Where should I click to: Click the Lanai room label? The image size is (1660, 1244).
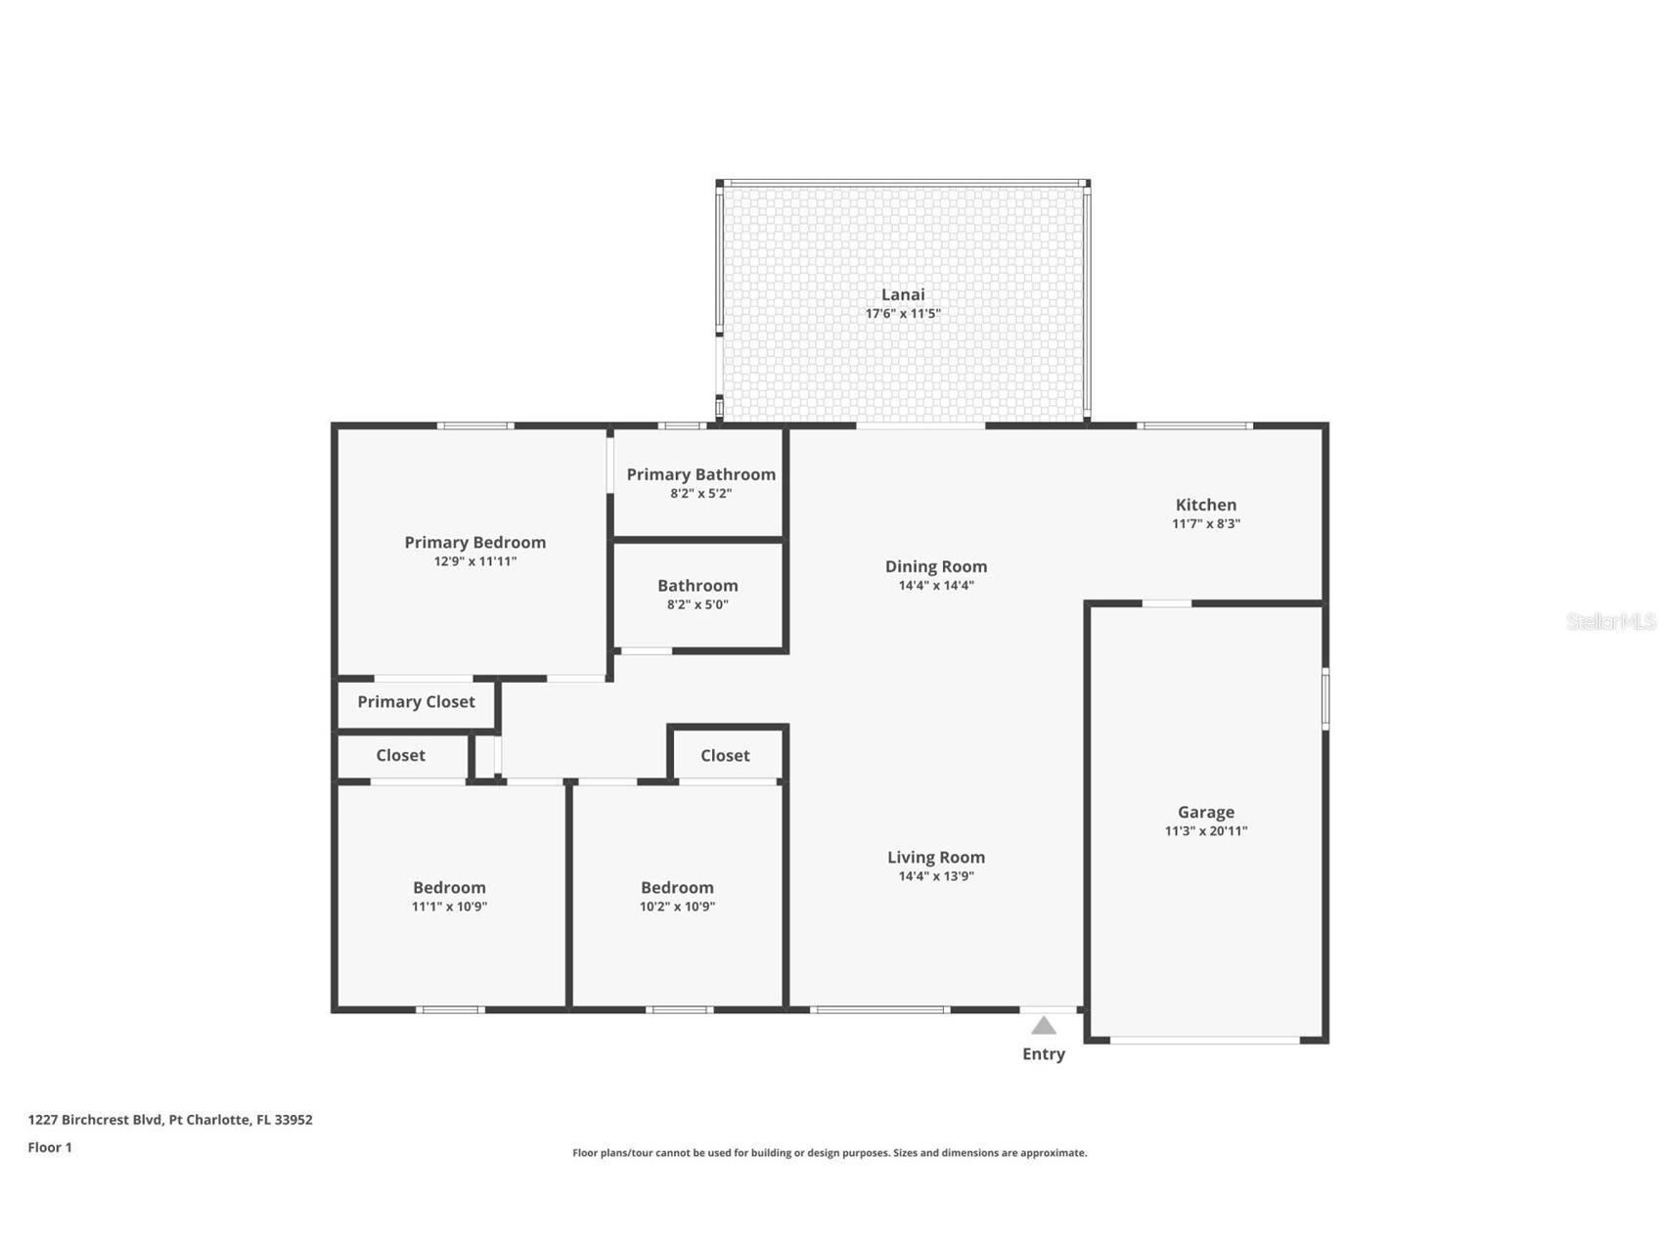(902, 294)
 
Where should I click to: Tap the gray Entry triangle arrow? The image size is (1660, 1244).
(1044, 1026)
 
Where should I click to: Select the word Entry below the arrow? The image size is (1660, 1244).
(1044, 1054)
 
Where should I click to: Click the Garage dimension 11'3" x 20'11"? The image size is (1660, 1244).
(1205, 831)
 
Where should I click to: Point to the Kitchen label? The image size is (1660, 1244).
(1205, 505)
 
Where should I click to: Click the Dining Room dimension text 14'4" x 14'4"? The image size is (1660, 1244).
(935, 586)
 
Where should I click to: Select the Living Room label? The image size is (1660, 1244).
(935, 857)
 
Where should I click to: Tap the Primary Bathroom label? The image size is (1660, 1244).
(700, 474)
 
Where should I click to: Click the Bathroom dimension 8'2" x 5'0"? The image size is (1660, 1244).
(696, 604)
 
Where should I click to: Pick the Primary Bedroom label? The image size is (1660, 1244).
(474, 542)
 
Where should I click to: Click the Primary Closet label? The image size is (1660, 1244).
(416, 701)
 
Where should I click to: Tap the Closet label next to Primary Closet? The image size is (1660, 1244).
(400, 755)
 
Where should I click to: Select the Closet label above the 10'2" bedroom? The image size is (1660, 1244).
(725, 755)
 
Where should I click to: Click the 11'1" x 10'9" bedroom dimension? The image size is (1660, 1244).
(449, 907)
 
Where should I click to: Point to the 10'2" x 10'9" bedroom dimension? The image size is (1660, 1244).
(677, 907)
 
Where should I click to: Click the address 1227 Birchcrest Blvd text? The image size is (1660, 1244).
(170, 1120)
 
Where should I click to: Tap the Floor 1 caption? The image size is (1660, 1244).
(50, 1147)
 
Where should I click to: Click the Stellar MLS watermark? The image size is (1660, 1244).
(1610, 621)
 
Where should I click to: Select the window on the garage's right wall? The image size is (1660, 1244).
(1325, 698)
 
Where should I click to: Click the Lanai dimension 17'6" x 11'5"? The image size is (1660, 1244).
(902, 314)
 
